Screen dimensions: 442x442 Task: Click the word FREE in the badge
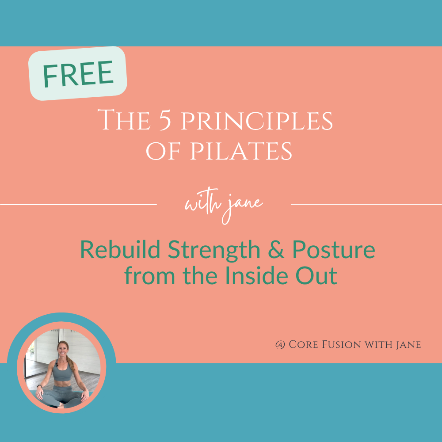pos(78,73)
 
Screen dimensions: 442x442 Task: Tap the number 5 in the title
pos(165,120)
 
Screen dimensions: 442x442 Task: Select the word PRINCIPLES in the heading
pos(256,121)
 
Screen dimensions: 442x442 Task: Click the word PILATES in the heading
pos(241,151)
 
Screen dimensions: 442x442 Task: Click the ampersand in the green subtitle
pos(276,250)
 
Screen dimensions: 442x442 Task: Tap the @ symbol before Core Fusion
pos(280,344)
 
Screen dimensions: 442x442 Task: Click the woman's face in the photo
pos(63,350)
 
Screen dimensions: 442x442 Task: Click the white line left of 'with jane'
pos(78,205)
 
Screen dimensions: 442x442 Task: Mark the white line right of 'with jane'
pos(366,204)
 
